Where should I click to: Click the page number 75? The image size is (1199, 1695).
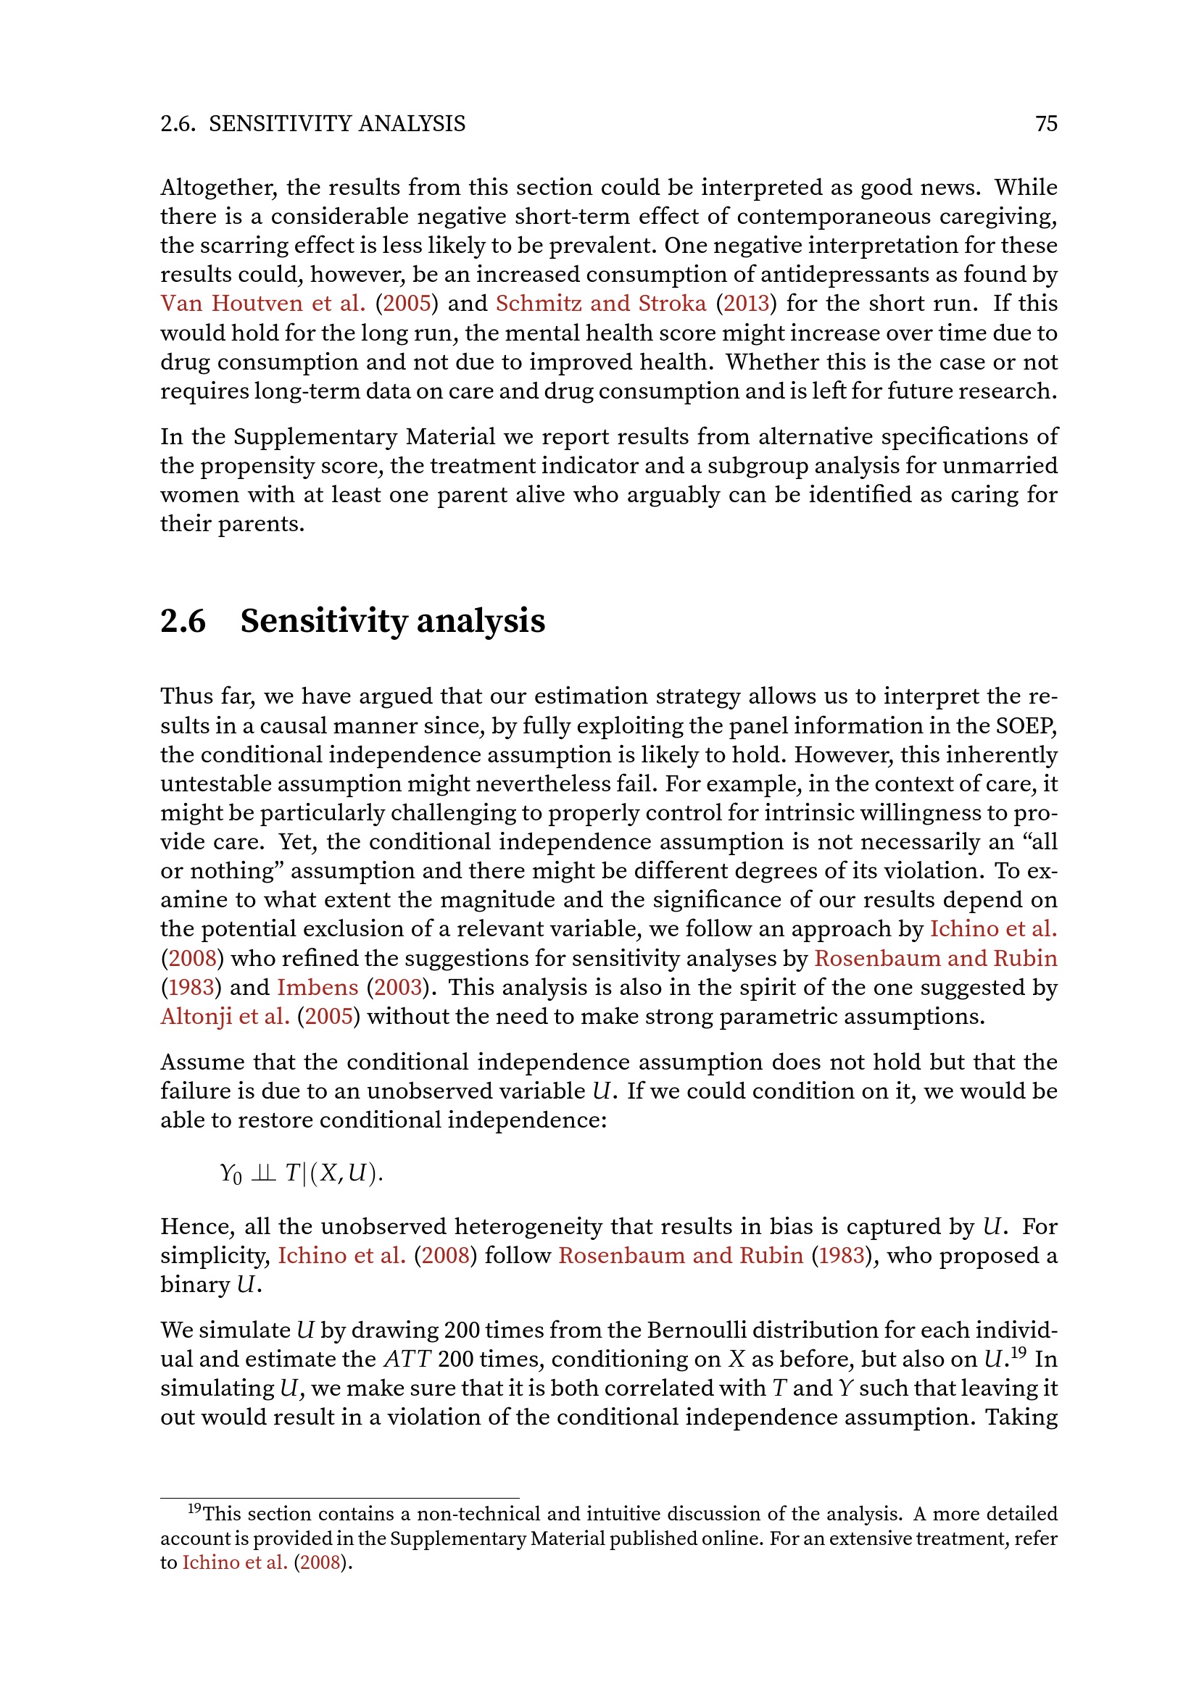coord(1046,123)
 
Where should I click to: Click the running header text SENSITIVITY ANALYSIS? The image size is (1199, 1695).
coord(336,123)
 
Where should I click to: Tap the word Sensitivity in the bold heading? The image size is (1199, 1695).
coord(323,621)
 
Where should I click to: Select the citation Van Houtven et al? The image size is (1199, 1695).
coord(263,304)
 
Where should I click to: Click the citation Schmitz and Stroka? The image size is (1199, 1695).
coord(601,304)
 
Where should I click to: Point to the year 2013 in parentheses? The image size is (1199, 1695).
coord(747,304)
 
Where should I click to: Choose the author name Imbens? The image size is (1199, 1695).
coord(318,988)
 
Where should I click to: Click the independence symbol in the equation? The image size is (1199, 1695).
coord(264,1173)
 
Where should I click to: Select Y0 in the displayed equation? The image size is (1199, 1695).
coord(231,1174)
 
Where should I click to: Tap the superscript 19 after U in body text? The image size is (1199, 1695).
coord(1018,1352)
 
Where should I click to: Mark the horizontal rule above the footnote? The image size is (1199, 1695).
coord(339,1498)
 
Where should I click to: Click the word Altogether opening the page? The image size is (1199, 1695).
coord(217,188)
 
